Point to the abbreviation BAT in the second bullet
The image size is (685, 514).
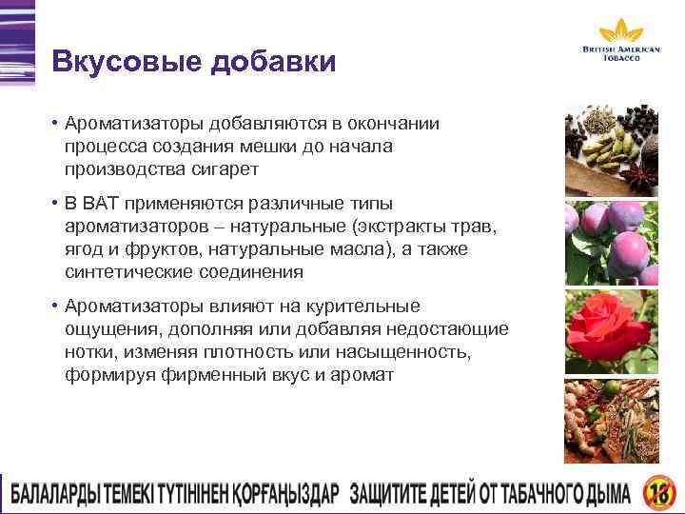[x=100, y=204]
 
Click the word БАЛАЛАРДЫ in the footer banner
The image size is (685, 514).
[x=62, y=494]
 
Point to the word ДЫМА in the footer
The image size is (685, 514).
[x=602, y=494]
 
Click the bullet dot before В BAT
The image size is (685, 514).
[x=57, y=204]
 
